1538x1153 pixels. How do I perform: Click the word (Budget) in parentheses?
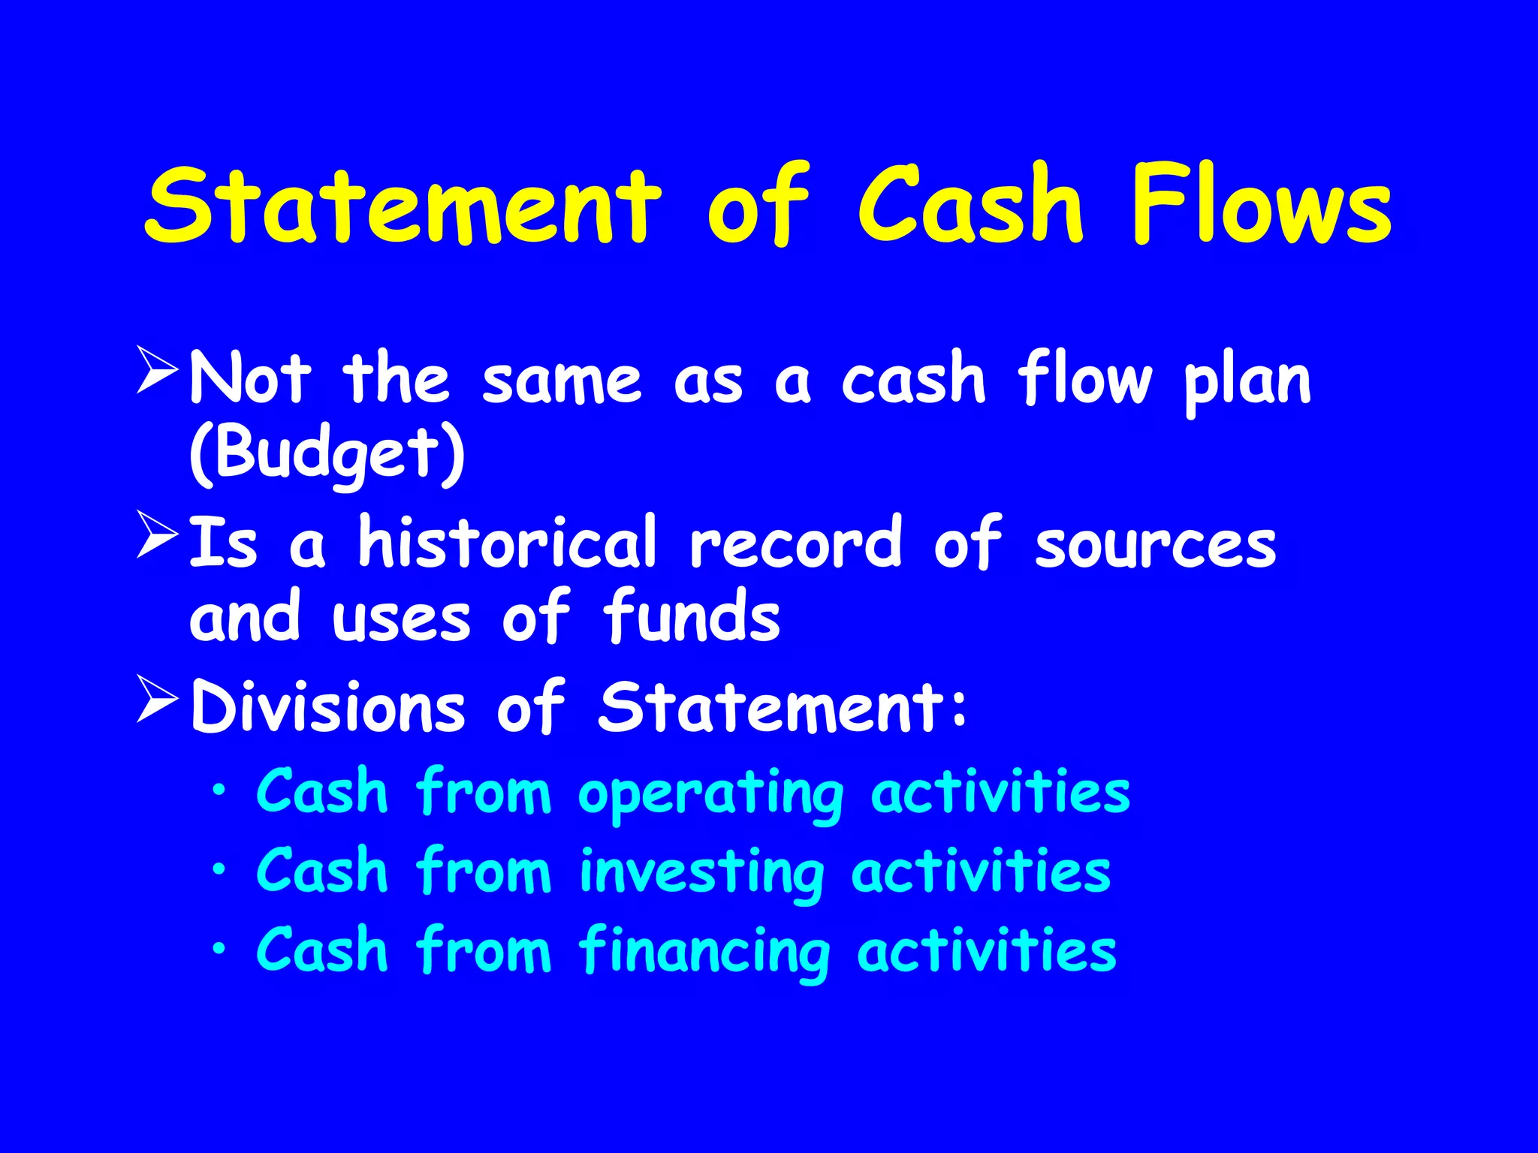(x=327, y=453)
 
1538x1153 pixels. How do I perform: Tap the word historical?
(x=508, y=542)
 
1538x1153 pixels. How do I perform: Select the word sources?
(x=1155, y=543)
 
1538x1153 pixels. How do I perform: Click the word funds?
(x=691, y=617)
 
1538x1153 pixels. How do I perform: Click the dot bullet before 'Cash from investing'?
(x=219, y=869)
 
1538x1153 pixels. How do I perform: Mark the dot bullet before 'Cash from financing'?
(x=219, y=949)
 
